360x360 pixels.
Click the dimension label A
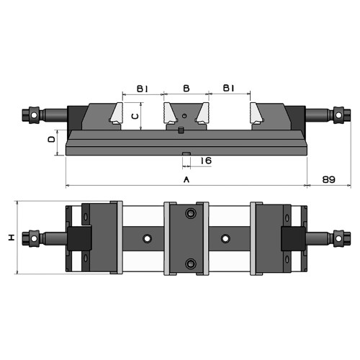[x=186, y=179]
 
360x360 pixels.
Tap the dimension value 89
[x=328, y=179]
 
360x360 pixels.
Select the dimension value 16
[x=206, y=161]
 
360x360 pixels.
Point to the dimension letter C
[x=135, y=117]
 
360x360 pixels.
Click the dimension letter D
[x=52, y=140]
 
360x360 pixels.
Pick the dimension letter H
[x=12, y=238]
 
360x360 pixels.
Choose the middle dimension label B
[x=186, y=89]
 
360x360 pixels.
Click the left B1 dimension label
[x=143, y=89]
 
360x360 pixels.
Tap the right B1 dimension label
[x=228, y=89]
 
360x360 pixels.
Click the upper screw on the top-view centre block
[x=191, y=213]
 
